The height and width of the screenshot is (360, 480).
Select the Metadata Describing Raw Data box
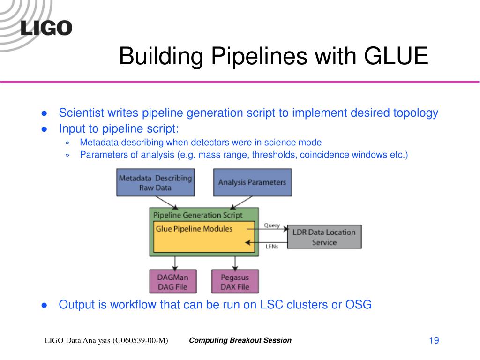pyautogui.click(x=155, y=183)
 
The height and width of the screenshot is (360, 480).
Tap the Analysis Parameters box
pyautogui.click(x=252, y=182)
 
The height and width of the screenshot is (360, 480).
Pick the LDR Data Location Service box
pyautogui.click(x=324, y=237)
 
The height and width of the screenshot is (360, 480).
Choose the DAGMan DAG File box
pyautogui.click(x=172, y=281)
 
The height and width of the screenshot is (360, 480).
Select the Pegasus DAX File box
pyautogui.click(x=235, y=281)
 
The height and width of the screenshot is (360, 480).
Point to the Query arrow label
pyautogui.click(x=272, y=225)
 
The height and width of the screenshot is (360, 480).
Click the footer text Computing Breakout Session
pyautogui.click(x=240, y=340)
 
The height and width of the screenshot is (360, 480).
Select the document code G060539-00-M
pyautogui.click(x=140, y=341)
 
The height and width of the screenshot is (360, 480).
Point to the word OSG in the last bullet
pyautogui.click(x=359, y=305)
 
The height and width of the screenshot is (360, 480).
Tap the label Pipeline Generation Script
pyautogui.click(x=198, y=215)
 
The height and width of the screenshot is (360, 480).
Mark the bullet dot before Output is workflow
pyautogui.click(x=45, y=305)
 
